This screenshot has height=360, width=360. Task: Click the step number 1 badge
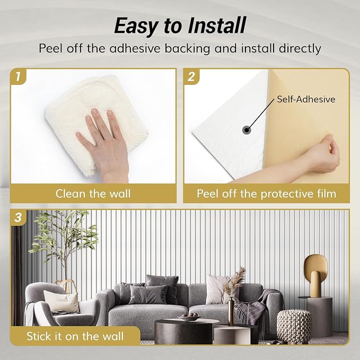point(18,76)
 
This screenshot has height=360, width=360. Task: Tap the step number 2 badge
point(191,76)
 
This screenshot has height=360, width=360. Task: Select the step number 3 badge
point(19,217)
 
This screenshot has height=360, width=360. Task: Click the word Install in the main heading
point(216,25)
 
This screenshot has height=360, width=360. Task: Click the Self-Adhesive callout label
point(306,99)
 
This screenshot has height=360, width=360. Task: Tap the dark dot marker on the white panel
point(247,130)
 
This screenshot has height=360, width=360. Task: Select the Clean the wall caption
point(93,194)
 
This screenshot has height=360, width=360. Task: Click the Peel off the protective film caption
point(266,194)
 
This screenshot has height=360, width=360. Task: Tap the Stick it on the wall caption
point(75,336)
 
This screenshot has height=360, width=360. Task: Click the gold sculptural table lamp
point(315,275)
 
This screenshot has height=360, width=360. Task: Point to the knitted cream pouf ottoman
point(294,327)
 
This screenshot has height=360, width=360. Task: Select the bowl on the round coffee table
point(189,317)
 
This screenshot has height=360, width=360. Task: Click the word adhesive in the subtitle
point(135,48)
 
